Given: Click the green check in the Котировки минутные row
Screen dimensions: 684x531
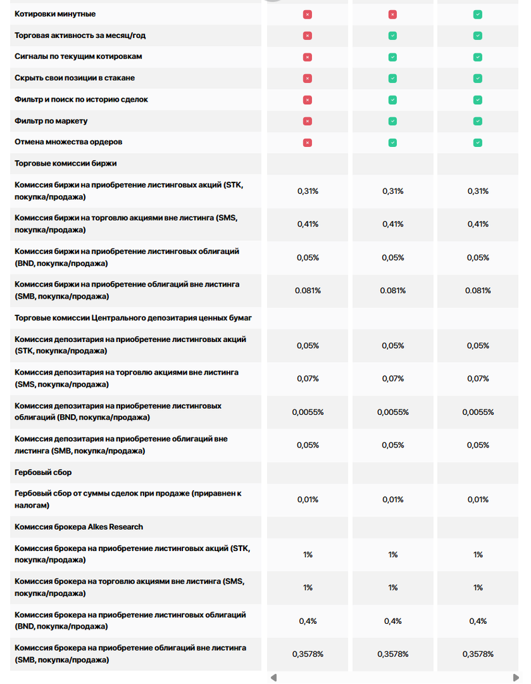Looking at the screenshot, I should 478,14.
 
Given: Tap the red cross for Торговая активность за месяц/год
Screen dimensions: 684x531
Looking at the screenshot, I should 307,35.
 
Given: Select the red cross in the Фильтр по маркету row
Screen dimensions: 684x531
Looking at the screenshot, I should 307,121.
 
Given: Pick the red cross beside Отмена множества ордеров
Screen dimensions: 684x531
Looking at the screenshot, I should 307,142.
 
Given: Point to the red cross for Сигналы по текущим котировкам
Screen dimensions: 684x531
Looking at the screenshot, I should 307,57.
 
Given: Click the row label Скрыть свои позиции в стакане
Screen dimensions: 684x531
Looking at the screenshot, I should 75,78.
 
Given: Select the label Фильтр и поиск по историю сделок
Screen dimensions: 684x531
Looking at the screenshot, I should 81,100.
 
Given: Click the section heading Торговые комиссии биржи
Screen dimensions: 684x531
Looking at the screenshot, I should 66,164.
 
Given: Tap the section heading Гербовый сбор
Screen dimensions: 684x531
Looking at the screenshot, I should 43,472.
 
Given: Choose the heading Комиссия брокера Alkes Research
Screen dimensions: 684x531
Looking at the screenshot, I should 79,526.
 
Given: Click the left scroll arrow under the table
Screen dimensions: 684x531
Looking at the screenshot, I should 273,677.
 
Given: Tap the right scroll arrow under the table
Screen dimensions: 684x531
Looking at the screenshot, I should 516,677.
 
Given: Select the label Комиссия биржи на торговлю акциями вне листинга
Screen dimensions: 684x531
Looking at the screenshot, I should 126,224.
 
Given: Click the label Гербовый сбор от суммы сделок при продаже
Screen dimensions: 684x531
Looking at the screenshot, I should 128,499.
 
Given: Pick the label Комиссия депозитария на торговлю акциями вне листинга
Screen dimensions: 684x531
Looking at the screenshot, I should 126,378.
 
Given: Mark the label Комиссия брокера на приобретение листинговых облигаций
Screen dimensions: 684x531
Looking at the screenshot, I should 130,620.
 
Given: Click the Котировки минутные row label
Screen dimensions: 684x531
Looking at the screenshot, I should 55,14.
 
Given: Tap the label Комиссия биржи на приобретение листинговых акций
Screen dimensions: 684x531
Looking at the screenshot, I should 128,190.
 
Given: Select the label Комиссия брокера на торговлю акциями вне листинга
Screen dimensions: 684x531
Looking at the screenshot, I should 129,587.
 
